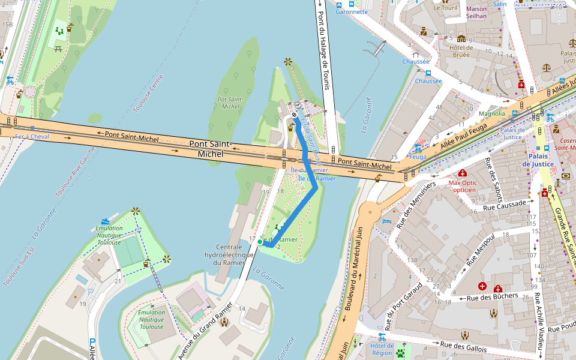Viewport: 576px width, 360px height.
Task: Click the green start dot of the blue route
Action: click(260, 242)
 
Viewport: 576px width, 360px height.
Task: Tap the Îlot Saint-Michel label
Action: click(230, 103)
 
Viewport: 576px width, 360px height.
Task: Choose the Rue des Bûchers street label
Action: click(492, 297)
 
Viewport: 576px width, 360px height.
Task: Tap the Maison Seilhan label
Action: click(476, 12)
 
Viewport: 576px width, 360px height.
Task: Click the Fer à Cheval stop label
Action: click(31, 137)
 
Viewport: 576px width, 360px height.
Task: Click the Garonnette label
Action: click(352, 12)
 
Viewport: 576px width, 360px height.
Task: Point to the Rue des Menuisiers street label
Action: click(415, 201)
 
